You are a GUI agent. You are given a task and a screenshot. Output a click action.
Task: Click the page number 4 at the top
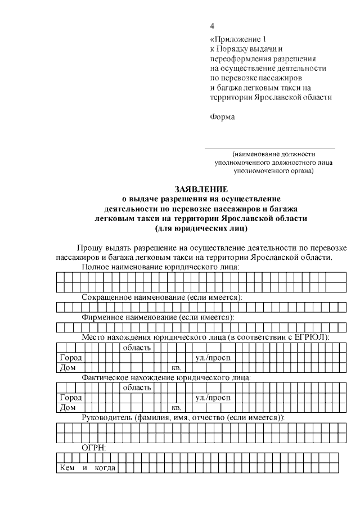(x=212, y=26)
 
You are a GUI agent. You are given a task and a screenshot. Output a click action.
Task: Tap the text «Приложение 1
(x=236, y=40)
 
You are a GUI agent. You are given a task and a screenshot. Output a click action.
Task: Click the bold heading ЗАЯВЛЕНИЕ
(x=201, y=190)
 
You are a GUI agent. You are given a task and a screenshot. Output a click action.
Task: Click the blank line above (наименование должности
(x=269, y=148)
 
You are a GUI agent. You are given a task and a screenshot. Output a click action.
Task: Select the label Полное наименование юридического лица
(x=160, y=266)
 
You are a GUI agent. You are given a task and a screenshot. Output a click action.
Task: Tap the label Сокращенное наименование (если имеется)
(x=162, y=296)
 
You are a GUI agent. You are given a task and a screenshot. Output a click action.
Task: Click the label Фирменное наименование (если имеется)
(x=158, y=317)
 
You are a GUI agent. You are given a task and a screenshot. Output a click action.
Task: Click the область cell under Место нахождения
(x=136, y=347)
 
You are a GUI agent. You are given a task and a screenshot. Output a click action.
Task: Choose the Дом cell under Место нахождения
(x=68, y=368)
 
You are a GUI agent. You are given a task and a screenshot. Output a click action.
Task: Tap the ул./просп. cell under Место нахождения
(x=213, y=358)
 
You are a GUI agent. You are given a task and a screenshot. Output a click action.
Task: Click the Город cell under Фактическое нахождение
(x=71, y=398)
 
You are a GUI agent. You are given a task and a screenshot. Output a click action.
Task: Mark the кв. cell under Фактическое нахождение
(x=175, y=408)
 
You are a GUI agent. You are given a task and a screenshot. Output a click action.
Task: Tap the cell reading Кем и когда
(x=87, y=468)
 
